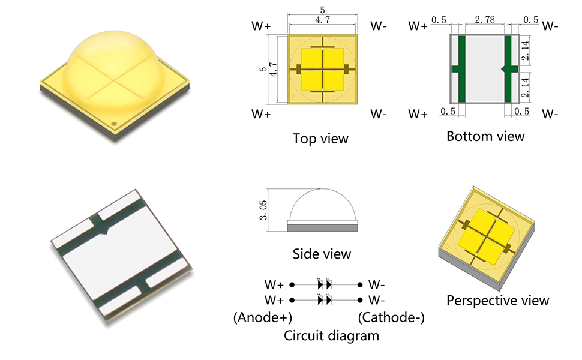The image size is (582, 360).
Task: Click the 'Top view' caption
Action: coord(320,139)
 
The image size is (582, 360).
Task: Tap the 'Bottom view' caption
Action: coord(485,136)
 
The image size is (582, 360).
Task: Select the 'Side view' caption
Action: coord(321,254)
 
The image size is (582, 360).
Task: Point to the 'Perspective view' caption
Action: coord(497,300)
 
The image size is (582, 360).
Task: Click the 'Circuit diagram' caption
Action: coord(331,335)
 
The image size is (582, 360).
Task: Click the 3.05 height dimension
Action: coord(263,210)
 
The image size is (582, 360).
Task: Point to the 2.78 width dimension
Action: coord(484,20)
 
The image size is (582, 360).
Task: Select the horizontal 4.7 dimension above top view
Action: coord(323,20)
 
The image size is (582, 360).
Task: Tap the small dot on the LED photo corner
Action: coord(115,125)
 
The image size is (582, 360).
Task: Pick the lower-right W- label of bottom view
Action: coord(550,114)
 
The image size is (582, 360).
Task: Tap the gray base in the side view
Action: coord(323,227)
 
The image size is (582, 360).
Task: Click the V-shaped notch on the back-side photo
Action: coord(105,230)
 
